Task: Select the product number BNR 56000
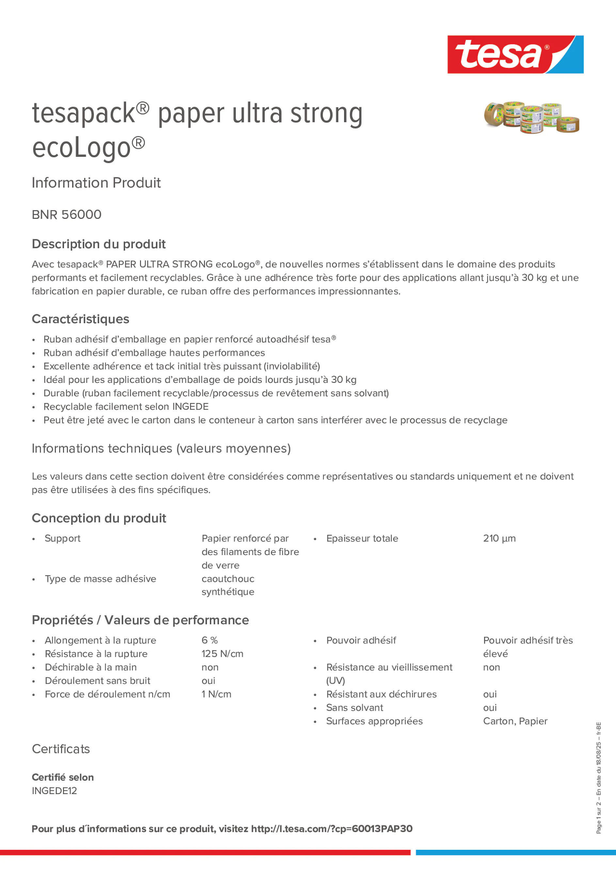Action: (x=67, y=215)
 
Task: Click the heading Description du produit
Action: (x=99, y=244)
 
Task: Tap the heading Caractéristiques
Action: (x=81, y=319)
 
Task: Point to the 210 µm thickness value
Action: (x=499, y=538)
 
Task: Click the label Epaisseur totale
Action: (x=362, y=538)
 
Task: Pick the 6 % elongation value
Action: (x=210, y=640)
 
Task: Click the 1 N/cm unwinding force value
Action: (x=216, y=694)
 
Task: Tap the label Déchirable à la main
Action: (x=91, y=667)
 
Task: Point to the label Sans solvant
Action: (x=354, y=708)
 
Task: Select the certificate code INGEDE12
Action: (x=54, y=791)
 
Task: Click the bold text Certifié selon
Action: (x=63, y=777)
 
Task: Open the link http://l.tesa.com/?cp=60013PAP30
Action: (x=332, y=829)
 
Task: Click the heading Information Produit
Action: (x=96, y=183)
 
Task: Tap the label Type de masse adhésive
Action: (x=100, y=579)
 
